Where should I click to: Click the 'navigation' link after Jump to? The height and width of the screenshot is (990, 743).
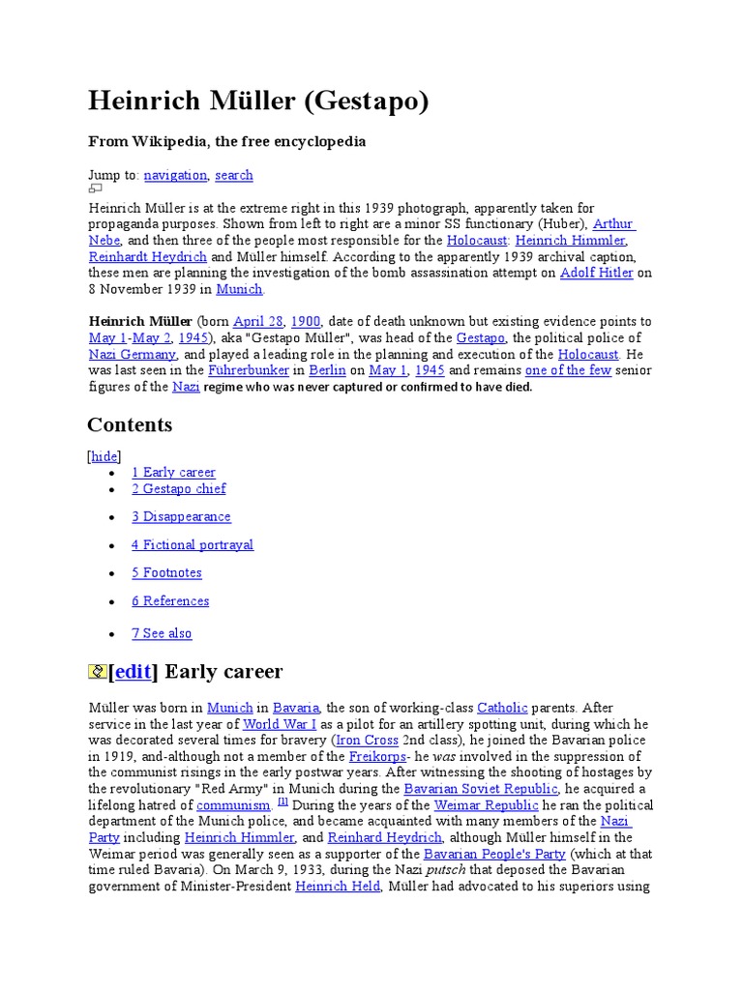tap(175, 175)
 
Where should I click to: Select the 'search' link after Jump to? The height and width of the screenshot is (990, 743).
tap(234, 175)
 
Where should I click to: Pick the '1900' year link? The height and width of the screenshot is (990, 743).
tap(306, 321)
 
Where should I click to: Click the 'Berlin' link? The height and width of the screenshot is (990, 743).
tap(327, 370)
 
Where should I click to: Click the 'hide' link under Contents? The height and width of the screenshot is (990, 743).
tap(104, 456)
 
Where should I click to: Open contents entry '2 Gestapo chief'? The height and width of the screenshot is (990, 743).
tap(179, 488)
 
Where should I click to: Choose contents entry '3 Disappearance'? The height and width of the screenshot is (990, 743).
tap(182, 516)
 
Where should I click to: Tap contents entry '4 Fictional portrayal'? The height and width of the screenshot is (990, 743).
tap(193, 544)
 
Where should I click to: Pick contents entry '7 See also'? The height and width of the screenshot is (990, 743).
tap(162, 633)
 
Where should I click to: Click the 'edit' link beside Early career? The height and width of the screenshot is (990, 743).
tap(134, 672)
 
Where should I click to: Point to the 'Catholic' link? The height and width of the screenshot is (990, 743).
tap(502, 708)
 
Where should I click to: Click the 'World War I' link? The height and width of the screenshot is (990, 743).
tap(280, 724)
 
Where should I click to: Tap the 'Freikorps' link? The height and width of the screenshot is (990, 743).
tap(375, 756)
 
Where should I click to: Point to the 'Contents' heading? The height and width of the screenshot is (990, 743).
tap(130, 425)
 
